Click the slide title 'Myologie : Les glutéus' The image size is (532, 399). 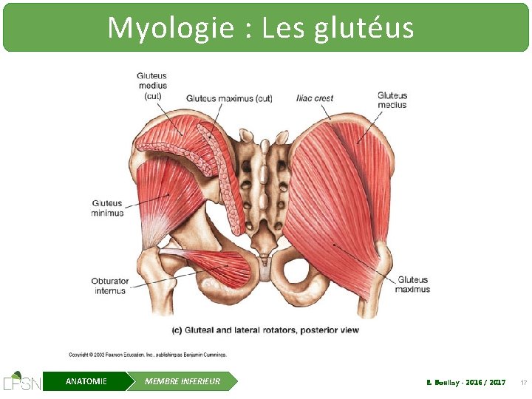(x=260, y=28)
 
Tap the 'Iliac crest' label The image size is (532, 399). (x=315, y=98)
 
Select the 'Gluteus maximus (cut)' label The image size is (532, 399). (x=230, y=98)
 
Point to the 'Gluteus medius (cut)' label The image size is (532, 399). (x=152, y=85)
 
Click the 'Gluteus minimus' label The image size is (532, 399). (x=108, y=208)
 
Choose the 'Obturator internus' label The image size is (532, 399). (x=109, y=286)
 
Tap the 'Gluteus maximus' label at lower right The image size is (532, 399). (x=413, y=284)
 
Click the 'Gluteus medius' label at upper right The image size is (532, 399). (x=392, y=100)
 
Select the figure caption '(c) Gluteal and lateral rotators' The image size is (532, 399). (x=265, y=330)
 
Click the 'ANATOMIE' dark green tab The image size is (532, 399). (x=86, y=381)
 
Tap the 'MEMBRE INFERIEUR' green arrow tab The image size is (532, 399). (x=183, y=381)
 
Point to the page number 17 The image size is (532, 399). (x=523, y=383)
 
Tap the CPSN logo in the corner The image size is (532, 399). (x=21, y=381)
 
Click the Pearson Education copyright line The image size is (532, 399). (x=148, y=355)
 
